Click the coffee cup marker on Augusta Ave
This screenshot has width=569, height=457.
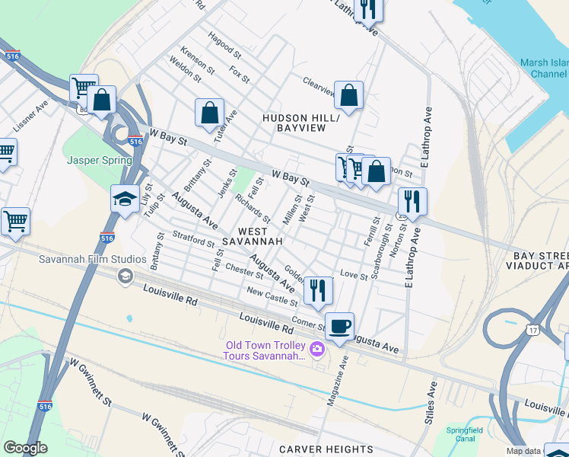pyautogui.click(x=340, y=326)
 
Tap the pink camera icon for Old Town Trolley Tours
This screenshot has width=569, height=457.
pyautogui.click(x=317, y=350)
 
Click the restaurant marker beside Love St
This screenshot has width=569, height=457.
pyautogui.click(x=318, y=290)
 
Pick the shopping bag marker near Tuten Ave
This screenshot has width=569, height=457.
pyautogui.click(x=209, y=113)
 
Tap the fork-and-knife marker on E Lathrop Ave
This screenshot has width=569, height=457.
pyautogui.click(x=412, y=202)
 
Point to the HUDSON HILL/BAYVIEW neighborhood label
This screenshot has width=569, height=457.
pyautogui.click(x=294, y=123)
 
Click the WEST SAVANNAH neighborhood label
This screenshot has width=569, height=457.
pyautogui.click(x=252, y=235)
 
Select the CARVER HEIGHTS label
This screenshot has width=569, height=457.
pyautogui.click(x=326, y=449)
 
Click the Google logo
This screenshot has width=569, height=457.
pyautogui.click(x=25, y=448)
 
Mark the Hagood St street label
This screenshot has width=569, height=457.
pyautogui.click(x=224, y=45)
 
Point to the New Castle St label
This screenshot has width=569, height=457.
pyautogui.click(x=272, y=297)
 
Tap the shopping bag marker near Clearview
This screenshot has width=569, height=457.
pyautogui.click(x=348, y=95)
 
